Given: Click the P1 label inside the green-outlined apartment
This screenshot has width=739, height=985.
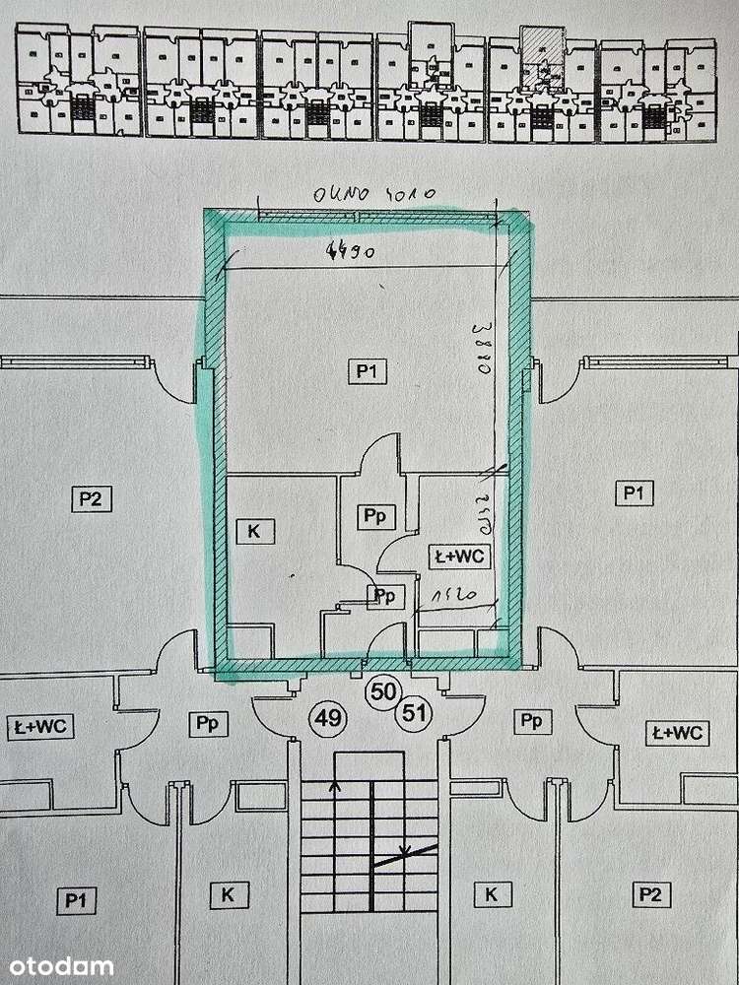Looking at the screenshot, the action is coord(368,370).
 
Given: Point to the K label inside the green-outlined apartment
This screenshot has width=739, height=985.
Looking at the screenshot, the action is coord(253,530).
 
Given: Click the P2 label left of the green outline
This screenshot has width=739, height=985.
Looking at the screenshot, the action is coord(90,497).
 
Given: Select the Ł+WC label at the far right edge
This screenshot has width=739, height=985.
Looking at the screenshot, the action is coord(677,733).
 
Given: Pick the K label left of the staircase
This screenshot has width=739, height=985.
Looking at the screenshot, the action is coord(228,894).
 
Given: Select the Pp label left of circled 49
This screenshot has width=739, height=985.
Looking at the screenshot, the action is coord(206,724).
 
